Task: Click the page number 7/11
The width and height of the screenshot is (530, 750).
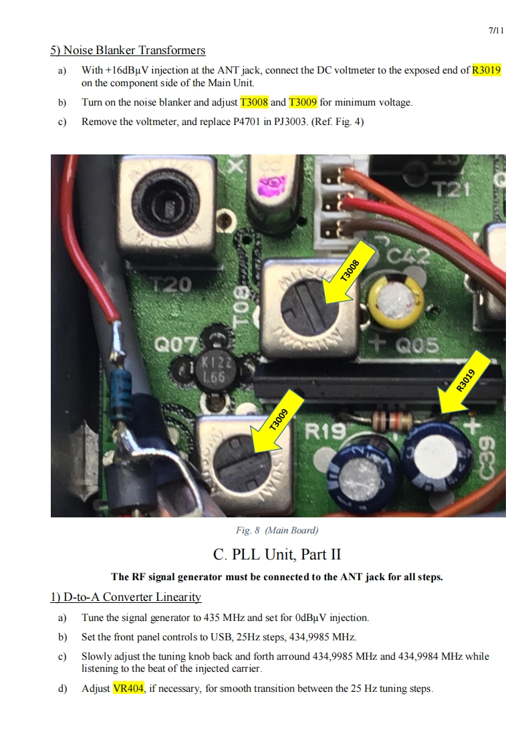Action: (496, 31)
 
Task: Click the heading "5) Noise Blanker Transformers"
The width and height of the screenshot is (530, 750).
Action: (128, 50)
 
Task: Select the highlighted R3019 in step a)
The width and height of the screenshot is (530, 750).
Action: (487, 70)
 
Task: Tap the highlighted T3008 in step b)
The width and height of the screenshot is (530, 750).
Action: (254, 102)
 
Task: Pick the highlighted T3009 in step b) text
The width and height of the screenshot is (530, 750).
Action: (303, 102)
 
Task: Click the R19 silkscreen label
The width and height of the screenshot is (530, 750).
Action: (325, 432)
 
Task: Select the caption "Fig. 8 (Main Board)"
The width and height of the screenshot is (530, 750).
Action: (277, 531)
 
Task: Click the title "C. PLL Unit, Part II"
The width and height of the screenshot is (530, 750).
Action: (277, 554)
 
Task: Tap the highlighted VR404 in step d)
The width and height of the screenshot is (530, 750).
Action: (128, 689)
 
